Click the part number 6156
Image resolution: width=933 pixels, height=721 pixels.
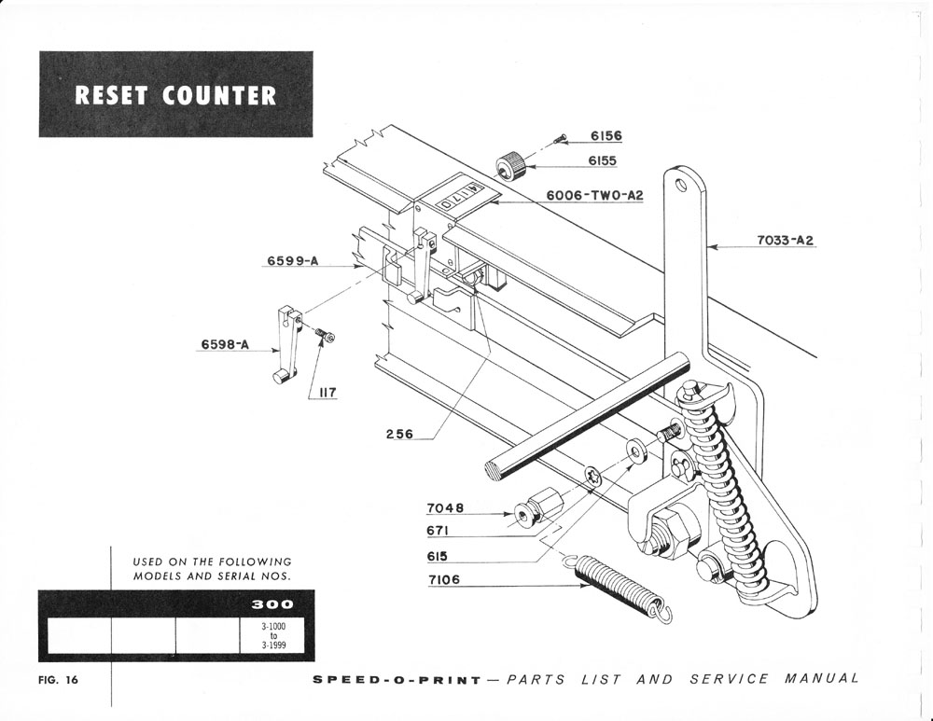(x=606, y=136)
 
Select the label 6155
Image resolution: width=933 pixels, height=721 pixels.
(x=602, y=160)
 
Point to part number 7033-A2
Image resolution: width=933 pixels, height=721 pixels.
(x=786, y=240)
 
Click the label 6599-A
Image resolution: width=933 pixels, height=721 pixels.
(x=293, y=261)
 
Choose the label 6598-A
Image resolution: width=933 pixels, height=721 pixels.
(x=225, y=345)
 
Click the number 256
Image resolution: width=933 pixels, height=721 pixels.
(x=399, y=434)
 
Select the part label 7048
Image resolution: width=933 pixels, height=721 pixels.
(x=445, y=508)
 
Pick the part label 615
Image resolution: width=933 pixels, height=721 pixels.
(x=438, y=556)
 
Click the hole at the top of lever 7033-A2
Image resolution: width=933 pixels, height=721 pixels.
(x=681, y=185)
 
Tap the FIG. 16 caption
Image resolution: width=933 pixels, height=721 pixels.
(x=58, y=679)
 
